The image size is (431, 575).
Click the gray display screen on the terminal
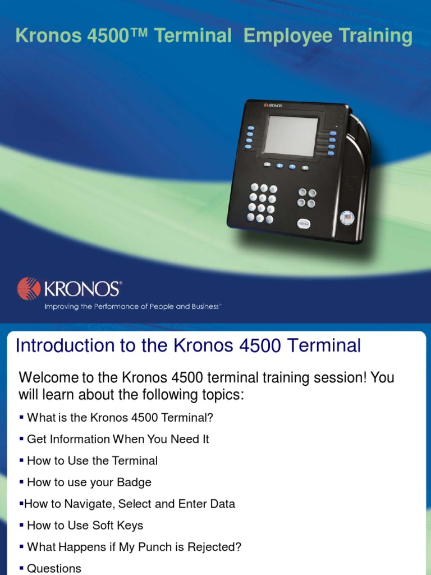tap(291, 136)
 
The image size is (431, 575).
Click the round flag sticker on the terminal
tap(347, 218)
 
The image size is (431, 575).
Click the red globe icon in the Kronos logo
tap(28, 289)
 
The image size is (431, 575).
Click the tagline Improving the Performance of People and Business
tap(133, 307)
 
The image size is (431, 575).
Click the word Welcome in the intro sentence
tap(47, 377)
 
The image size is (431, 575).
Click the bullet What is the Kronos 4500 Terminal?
tap(120, 418)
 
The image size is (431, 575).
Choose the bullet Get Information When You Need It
tap(118, 439)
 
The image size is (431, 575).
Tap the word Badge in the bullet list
tap(134, 482)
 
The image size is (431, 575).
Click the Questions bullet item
tap(54, 568)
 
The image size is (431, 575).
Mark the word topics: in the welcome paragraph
tap(222, 395)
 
